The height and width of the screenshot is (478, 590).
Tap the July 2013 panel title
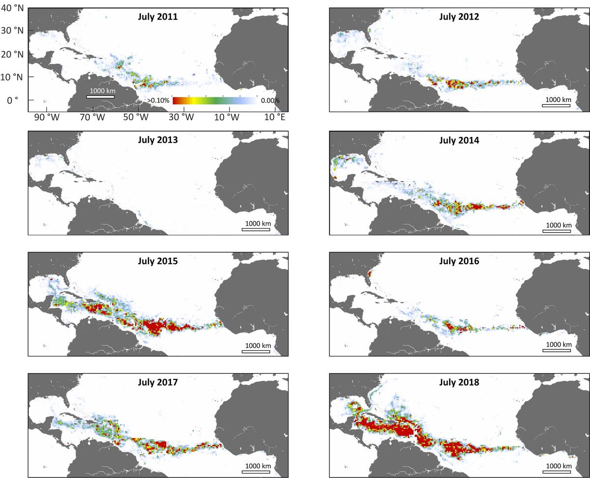tap(158, 139)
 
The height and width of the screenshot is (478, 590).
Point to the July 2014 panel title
tap(459, 139)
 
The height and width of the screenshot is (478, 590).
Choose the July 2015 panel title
tap(158, 261)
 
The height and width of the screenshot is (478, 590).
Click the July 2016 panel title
tap(459, 261)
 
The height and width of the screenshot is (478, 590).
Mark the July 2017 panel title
tap(158, 382)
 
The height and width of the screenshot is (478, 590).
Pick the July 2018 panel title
tap(459, 382)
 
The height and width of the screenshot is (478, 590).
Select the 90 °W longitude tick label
tap(46, 118)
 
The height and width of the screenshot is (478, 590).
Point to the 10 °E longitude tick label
tap(274, 118)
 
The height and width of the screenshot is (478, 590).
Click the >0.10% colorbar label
tap(158, 100)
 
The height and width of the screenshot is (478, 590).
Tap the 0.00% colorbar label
tap(269, 100)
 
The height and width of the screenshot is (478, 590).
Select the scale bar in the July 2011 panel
tap(100, 97)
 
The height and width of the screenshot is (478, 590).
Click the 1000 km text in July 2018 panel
tap(556, 465)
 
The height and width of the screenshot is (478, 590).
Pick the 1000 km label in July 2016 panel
tap(556, 344)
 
